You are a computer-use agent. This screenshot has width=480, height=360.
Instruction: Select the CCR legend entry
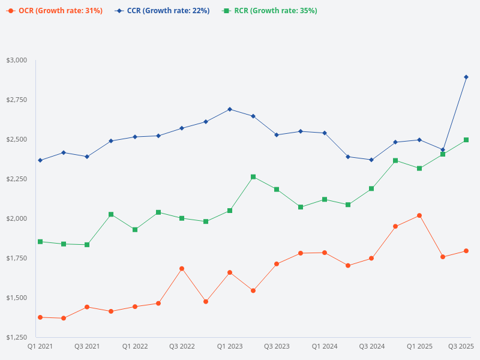pos(162,11)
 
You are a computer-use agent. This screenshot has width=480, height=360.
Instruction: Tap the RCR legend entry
pos(269,11)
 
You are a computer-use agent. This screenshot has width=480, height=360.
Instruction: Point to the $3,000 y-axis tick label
pos(17,61)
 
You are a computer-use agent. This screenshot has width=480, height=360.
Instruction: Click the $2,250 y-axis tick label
pos(17,179)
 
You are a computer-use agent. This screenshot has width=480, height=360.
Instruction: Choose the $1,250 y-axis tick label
pos(17,337)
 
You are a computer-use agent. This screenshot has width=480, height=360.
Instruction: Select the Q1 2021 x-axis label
pos(40,346)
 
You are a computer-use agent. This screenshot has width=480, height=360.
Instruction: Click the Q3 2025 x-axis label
pos(461,346)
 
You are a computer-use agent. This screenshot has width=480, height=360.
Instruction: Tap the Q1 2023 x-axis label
pos(230,346)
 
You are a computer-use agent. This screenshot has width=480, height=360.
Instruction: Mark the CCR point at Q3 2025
pos(466,77)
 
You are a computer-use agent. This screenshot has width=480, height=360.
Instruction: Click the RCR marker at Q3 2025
pos(466,140)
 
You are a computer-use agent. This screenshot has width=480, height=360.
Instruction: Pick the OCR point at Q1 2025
pos(419,215)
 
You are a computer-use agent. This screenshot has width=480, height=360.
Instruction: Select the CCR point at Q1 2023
pos(230,109)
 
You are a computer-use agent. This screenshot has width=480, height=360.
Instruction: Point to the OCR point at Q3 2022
pos(182,269)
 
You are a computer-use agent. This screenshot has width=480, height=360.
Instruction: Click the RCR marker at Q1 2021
pos(40,242)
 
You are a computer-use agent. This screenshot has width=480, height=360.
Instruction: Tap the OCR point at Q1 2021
pos(40,317)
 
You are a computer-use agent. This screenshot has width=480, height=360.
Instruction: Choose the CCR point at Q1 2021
pos(40,160)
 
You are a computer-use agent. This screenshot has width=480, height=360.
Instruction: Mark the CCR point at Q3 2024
pos(371,160)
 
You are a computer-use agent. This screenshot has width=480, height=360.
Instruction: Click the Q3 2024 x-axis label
pos(372,346)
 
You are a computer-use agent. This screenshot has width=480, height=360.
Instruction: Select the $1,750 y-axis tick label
pos(17,258)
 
